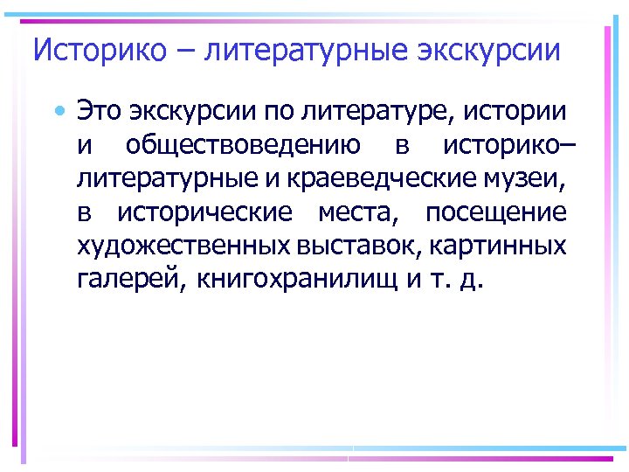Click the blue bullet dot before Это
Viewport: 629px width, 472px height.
[x=58, y=112]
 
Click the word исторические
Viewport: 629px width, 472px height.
[x=206, y=213]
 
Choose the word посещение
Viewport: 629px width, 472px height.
[x=496, y=213]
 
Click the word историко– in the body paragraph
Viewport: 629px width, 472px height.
[x=505, y=147]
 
